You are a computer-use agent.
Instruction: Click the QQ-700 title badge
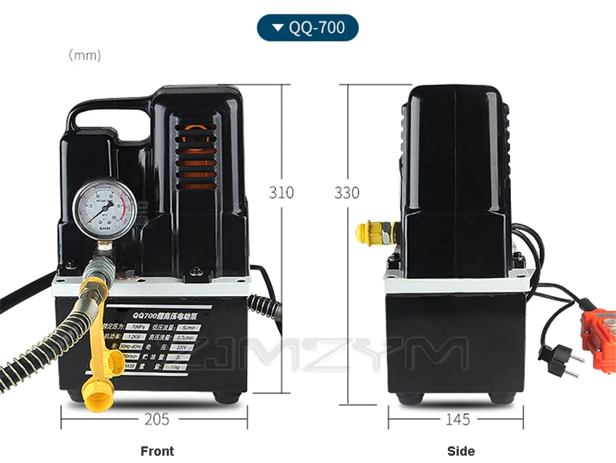coord(307,28)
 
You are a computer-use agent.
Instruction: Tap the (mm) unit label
coord(85,55)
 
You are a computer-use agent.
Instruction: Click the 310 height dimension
coord(281,193)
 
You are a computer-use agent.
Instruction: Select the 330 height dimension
coord(347,193)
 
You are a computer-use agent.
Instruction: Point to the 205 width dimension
coord(157,419)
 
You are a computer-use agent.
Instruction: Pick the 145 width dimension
coord(457,419)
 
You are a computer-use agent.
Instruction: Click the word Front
coord(157,451)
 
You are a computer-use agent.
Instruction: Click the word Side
coord(461,451)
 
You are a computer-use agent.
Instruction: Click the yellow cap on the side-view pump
coord(367,232)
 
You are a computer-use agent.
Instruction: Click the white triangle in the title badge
coord(278,29)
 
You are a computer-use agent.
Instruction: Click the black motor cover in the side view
coord(457,167)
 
